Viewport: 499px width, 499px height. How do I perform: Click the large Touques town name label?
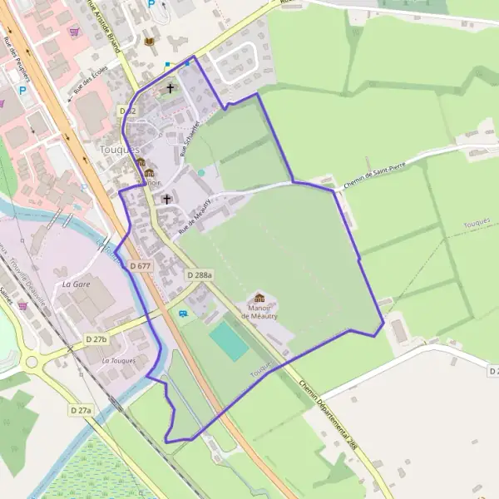[x=119, y=149]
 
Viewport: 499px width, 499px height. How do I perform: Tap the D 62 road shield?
[x=127, y=110]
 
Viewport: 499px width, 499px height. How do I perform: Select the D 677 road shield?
[x=141, y=265]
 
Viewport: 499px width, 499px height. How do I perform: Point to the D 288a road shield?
[x=200, y=274]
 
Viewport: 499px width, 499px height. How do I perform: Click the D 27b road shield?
[x=96, y=339]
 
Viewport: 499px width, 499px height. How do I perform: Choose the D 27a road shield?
[x=81, y=410]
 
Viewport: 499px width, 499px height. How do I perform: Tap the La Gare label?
[x=76, y=284]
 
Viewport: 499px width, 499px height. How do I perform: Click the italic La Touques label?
[x=118, y=361]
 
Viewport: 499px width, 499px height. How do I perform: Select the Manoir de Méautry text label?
[x=259, y=313]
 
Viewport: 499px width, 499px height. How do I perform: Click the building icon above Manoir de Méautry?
[x=259, y=298]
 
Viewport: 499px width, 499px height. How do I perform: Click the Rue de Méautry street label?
[x=191, y=213]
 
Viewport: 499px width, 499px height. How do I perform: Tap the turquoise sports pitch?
[x=229, y=341]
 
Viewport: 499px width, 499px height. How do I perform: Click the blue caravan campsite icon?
[x=183, y=313]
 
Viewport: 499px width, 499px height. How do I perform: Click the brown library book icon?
[x=149, y=41]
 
